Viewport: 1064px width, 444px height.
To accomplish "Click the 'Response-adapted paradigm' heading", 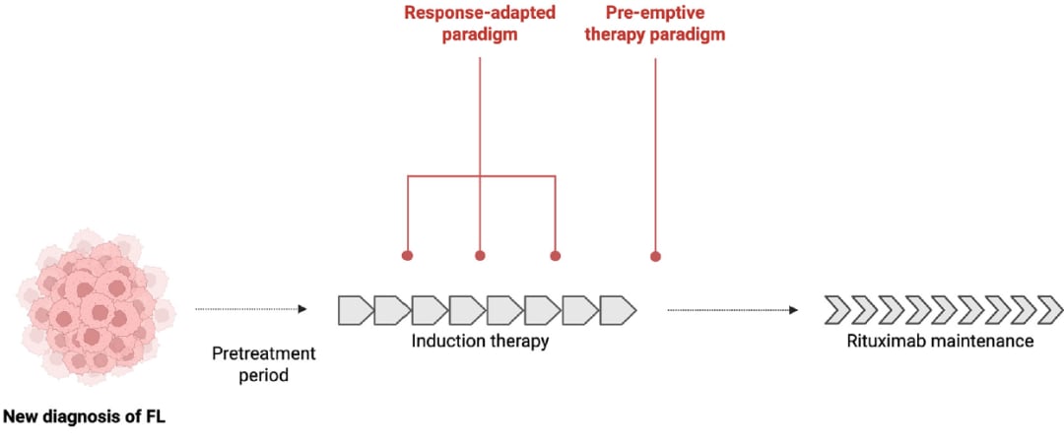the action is point(480,23).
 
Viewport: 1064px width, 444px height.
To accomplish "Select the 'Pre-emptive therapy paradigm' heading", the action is point(655,23).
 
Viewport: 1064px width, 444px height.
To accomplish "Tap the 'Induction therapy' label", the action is point(480,341).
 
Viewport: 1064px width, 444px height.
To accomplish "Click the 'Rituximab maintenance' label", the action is point(940,341).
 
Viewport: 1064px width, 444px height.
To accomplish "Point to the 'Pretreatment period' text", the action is point(263,363).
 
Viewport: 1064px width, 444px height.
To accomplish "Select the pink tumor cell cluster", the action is point(95,307).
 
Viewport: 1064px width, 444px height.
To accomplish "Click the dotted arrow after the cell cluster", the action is point(251,309).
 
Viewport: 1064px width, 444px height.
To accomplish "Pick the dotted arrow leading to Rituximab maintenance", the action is point(733,310).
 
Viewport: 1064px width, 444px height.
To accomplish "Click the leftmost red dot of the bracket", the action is point(407,256).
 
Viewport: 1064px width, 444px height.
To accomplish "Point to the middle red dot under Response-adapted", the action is point(480,256).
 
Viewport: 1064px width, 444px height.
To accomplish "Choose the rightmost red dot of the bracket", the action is point(555,256).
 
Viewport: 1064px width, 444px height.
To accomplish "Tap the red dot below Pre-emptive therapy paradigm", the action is point(655,256).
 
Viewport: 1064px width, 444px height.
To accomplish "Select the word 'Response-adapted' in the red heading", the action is point(480,13).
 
